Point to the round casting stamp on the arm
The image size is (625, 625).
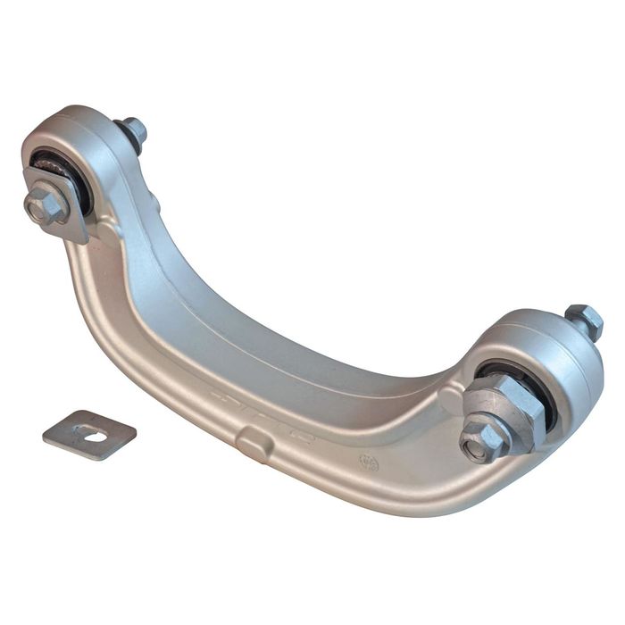click(369, 462)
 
